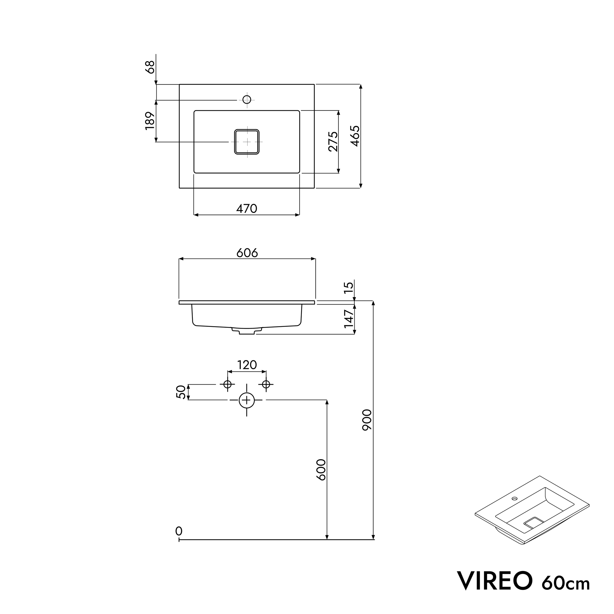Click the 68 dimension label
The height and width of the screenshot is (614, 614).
pos(150,67)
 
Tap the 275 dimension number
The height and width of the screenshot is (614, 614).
pos(333,141)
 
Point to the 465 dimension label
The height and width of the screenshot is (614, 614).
pos(355,136)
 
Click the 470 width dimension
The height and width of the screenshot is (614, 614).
pos(247,209)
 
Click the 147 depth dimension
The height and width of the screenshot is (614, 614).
pos(349,319)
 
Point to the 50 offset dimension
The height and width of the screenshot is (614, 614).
pos(181,392)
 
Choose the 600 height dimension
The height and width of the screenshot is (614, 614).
pos(321,470)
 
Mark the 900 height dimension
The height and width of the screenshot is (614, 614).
pos(367,420)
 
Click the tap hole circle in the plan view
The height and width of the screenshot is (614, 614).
pos(247,100)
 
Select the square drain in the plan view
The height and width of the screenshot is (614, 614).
pos(247,142)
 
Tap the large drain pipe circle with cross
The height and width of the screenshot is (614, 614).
pos(247,400)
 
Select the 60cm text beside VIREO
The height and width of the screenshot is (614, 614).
pos(566,583)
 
